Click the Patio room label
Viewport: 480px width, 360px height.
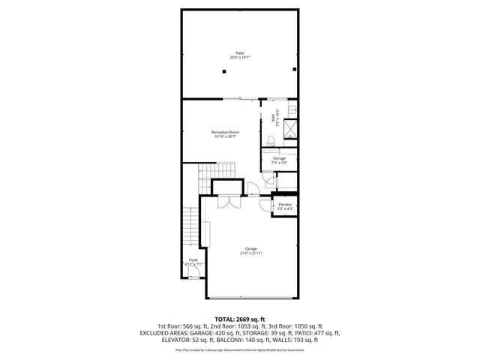pyautogui.click(x=240, y=52)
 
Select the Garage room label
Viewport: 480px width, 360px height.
pyautogui.click(x=250, y=248)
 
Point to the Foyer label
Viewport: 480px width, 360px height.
pyautogui.click(x=193, y=259)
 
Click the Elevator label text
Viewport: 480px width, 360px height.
pyautogui.click(x=285, y=204)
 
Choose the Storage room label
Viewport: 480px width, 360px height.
pyautogui.click(x=279, y=158)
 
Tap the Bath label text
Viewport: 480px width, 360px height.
pyautogui.click(x=273, y=117)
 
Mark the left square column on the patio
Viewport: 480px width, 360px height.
pyautogui.click(x=223, y=71)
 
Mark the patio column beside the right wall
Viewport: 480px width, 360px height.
pyautogui.click(x=295, y=70)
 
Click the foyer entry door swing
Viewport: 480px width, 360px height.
pyautogui.click(x=193, y=275)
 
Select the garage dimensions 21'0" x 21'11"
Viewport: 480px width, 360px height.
pyautogui.click(x=250, y=253)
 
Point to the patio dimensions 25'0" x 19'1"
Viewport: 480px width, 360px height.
pyautogui.click(x=240, y=57)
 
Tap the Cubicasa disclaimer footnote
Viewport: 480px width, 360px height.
pyautogui.click(x=240, y=349)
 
